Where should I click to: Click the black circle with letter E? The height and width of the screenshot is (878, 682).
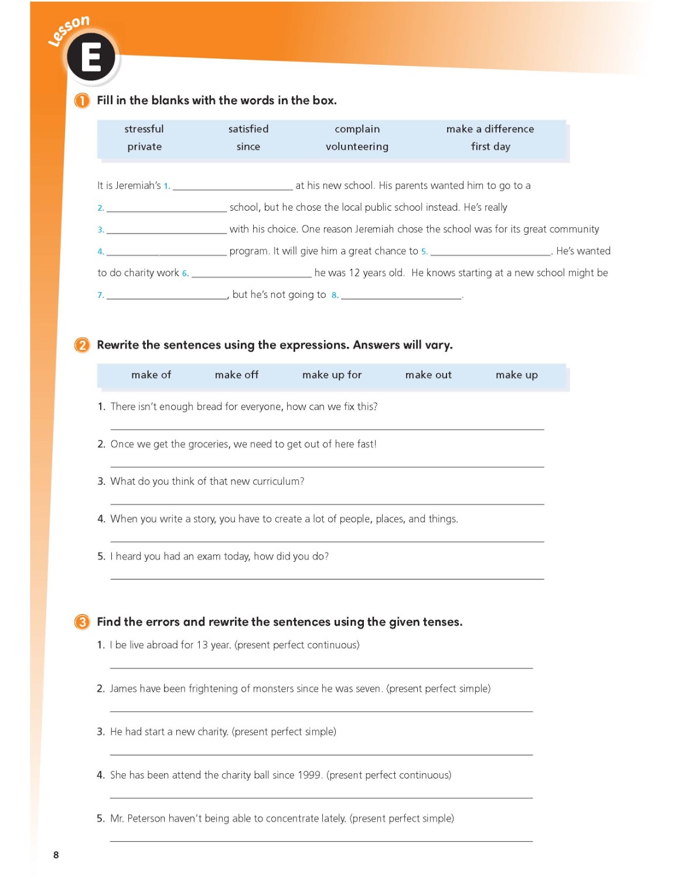click(91, 57)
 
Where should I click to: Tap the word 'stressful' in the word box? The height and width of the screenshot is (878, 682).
click(144, 129)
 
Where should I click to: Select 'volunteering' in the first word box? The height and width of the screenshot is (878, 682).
click(357, 146)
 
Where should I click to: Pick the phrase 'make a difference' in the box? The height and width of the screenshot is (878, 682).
click(490, 129)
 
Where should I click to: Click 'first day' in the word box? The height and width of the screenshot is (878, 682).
click(490, 146)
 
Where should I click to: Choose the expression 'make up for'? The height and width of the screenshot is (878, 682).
click(332, 375)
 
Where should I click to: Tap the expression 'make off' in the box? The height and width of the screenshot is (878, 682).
click(236, 375)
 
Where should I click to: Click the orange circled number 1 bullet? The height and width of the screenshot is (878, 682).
click(82, 101)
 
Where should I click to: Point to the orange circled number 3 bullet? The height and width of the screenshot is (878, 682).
click(82, 622)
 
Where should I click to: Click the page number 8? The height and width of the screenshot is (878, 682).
click(56, 855)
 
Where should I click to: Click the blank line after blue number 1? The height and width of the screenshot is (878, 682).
click(233, 187)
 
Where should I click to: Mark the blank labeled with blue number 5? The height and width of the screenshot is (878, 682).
click(490, 252)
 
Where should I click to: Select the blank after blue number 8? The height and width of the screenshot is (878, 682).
click(401, 296)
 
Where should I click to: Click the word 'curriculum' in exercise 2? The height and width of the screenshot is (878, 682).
click(277, 481)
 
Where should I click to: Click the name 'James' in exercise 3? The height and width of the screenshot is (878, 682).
click(123, 688)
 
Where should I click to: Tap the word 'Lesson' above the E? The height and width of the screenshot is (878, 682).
click(69, 30)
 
